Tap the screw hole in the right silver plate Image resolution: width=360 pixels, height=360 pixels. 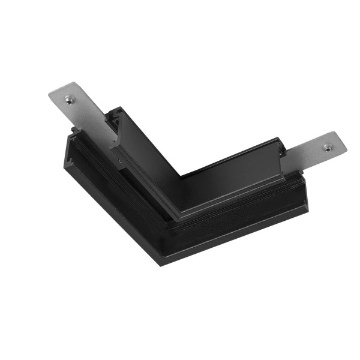(327, 146)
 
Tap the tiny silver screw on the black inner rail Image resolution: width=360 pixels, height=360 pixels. (121, 161)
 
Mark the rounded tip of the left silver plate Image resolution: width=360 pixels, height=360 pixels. (53, 96)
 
